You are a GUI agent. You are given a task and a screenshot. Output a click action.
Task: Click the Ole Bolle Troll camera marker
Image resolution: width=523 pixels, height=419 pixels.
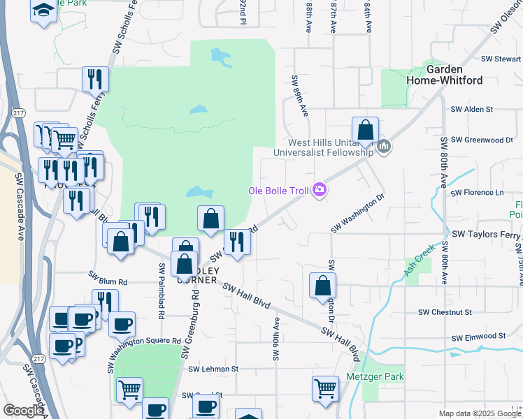[x=320, y=190]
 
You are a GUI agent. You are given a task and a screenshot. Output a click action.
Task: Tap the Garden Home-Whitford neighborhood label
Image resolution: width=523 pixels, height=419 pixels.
[x=445, y=75]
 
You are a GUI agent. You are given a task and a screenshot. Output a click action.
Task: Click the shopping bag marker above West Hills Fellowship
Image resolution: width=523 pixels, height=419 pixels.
[x=365, y=130]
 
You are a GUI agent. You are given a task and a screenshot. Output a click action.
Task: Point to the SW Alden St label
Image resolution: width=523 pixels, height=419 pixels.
[x=472, y=110]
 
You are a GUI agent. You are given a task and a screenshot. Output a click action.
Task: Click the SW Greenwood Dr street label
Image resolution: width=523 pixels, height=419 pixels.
[x=482, y=140]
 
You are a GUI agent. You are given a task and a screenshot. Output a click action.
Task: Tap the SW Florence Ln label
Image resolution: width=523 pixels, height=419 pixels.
[x=478, y=192]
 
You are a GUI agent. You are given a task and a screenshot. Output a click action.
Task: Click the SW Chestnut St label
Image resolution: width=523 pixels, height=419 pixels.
[x=445, y=312]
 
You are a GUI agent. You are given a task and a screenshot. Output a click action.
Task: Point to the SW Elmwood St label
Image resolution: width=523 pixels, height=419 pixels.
[x=478, y=337]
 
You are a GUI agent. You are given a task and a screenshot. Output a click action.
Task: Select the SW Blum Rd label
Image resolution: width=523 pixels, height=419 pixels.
[x=108, y=282]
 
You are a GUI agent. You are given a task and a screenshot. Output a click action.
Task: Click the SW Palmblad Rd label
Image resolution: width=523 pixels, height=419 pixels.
[x=162, y=291]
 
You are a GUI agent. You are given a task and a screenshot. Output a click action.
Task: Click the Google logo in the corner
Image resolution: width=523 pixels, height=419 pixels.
[x=23, y=410]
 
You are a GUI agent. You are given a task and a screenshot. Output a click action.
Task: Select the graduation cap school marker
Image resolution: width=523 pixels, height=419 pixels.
[x=43, y=12]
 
